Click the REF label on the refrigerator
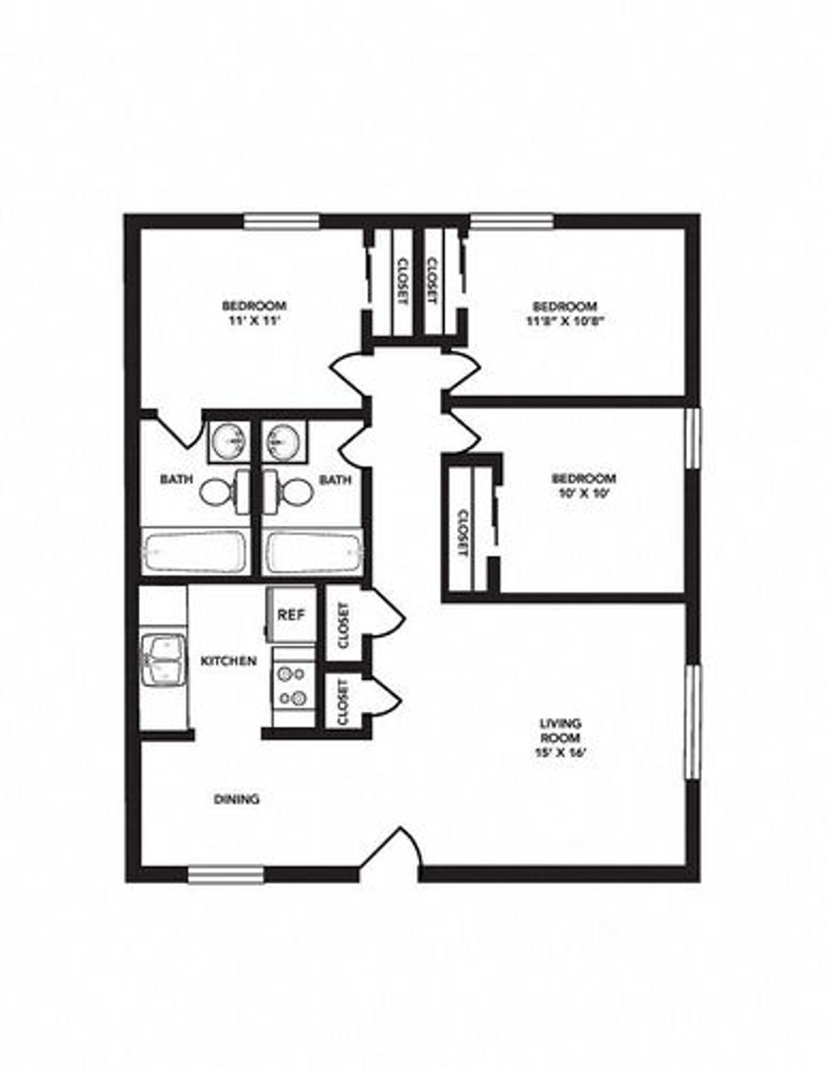pos(291,615)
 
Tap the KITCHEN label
pos(228,661)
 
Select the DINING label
pos(237,799)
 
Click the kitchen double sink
pos(163,660)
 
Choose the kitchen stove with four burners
pos(293,685)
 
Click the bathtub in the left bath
pos(194,551)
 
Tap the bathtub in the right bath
pos(313,552)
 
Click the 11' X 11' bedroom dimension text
pos(254,321)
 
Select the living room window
pos(691,722)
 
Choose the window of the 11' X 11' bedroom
pos(282,222)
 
